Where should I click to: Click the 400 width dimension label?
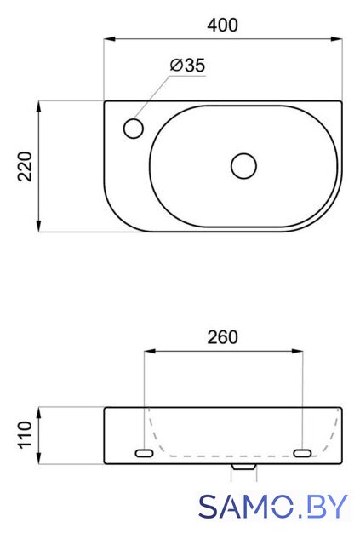[x=223, y=25]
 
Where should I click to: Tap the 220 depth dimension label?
[x=25, y=167]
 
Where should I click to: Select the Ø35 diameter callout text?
[x=187, y=65]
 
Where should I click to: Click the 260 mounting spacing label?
[x=223, y=337]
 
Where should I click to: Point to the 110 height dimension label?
[x=25, y=435]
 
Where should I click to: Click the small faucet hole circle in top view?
[x=134, y=129]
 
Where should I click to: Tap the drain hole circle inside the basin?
[x=244, y=166]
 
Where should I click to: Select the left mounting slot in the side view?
[x=144, y=453]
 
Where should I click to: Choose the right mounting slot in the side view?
[x=302, y=453]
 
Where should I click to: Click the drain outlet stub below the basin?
[x=244, y=467]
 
